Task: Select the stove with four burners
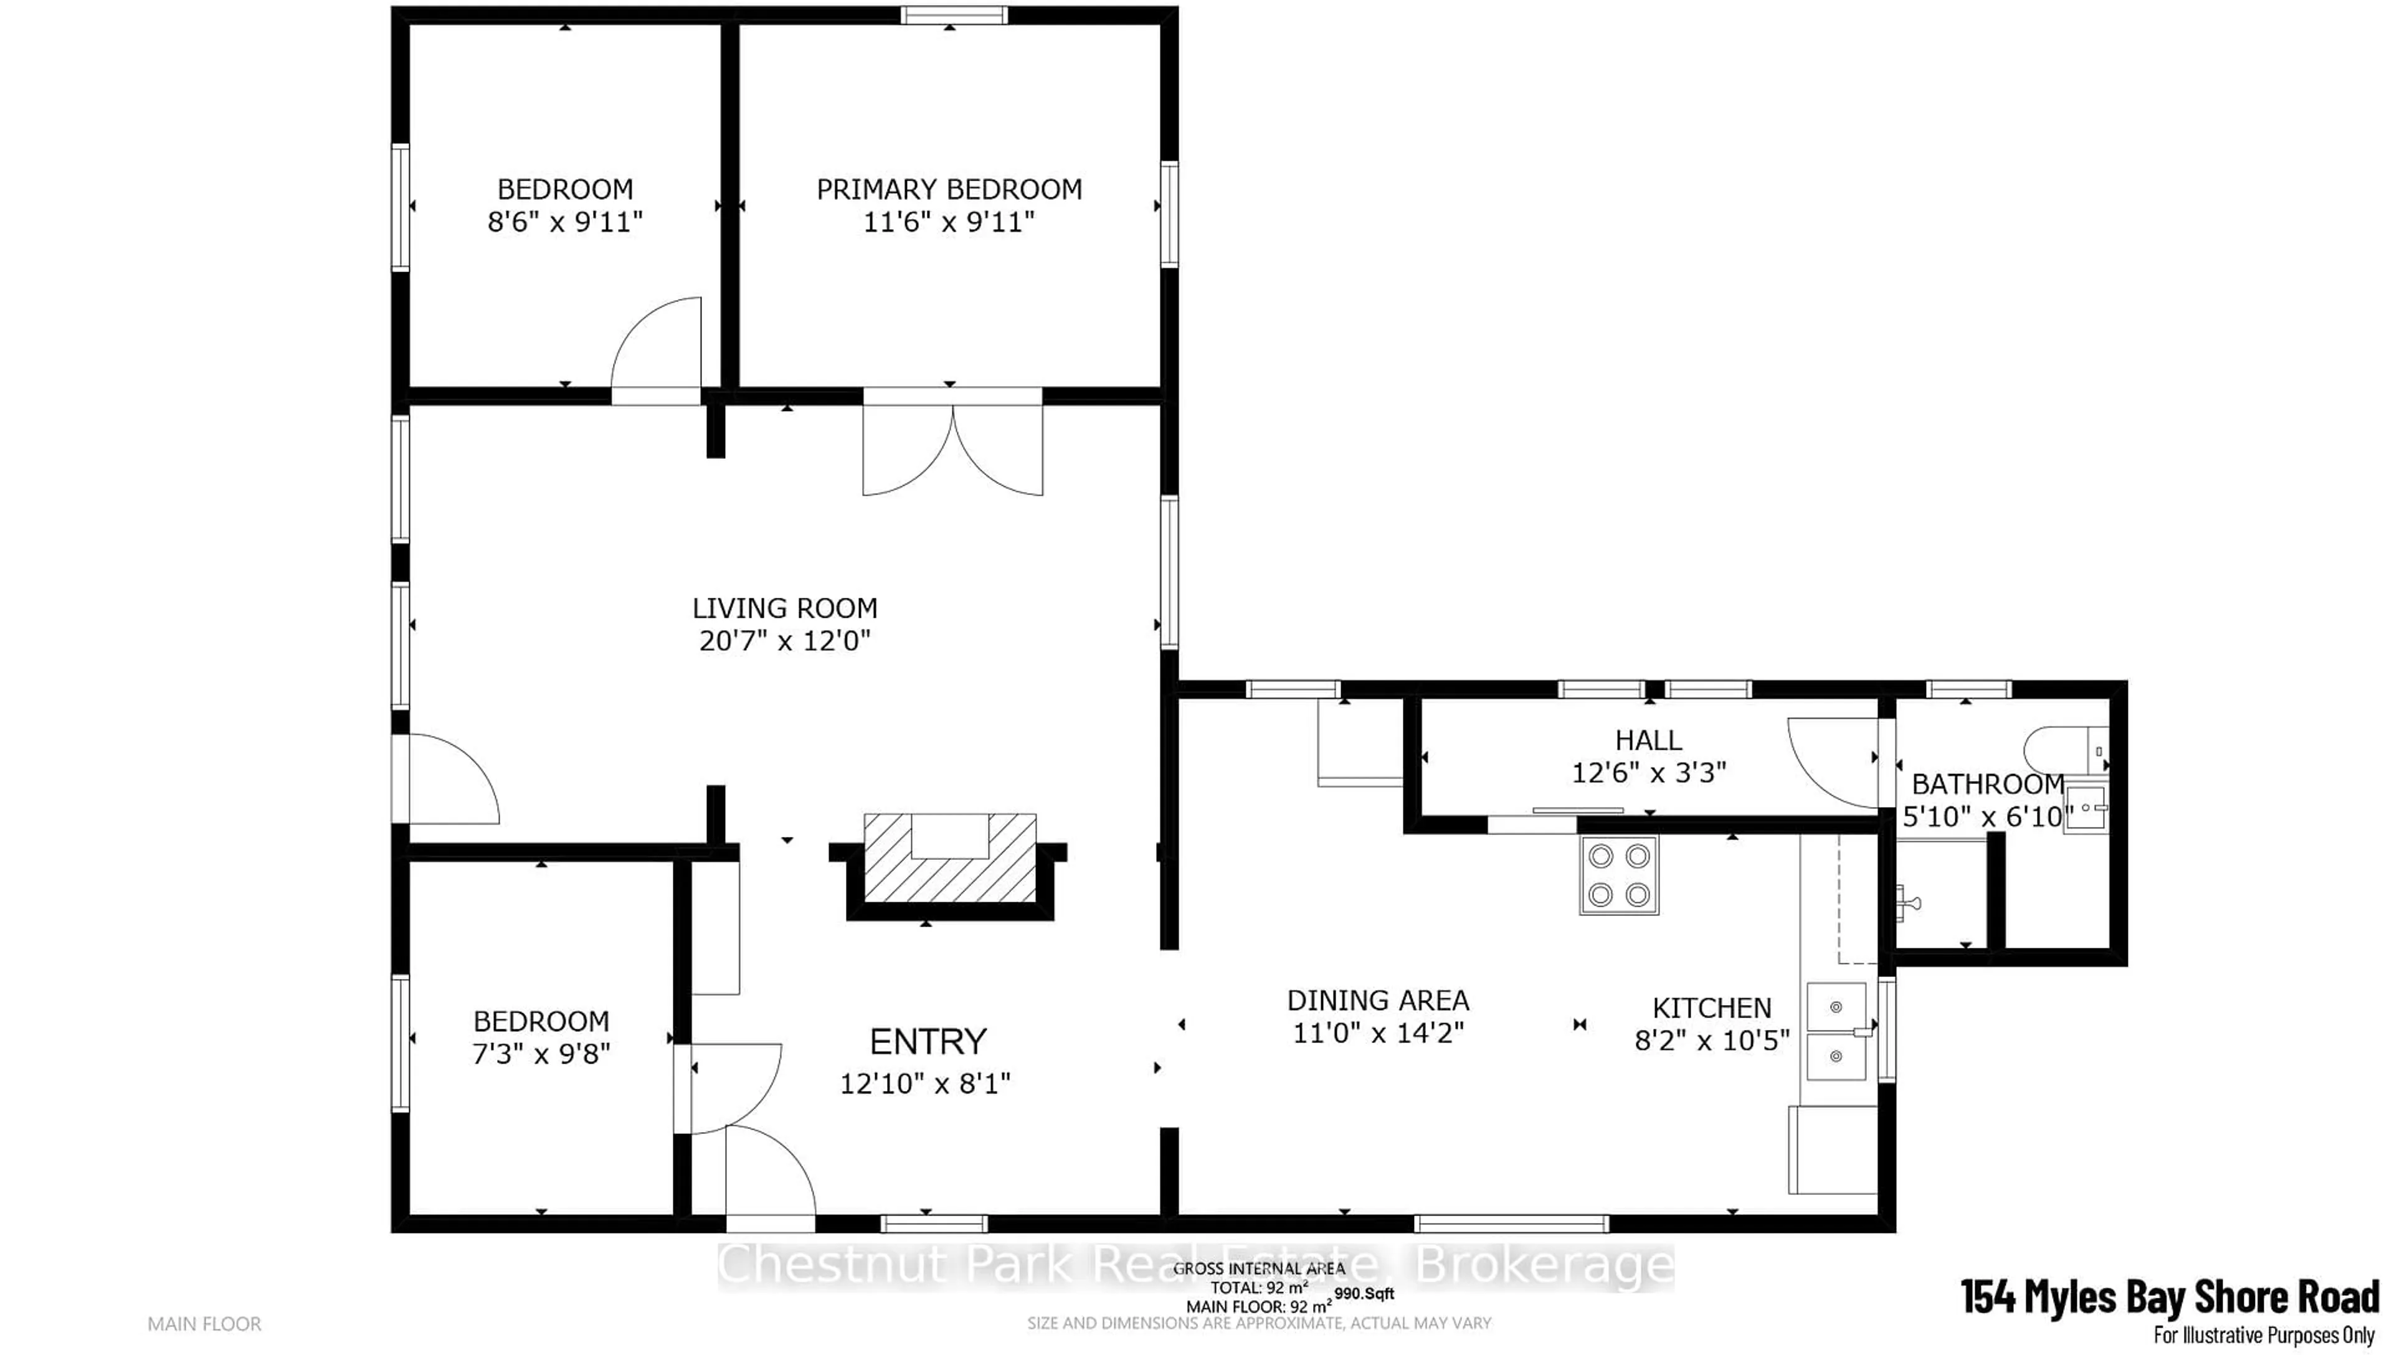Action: pyautogui.click(x=1618, y=876)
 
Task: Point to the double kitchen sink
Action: pyautogui.click(x=1836, y=1031)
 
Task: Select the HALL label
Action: pyautogui.click(x=1648, y=741)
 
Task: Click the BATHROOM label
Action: pyautogui.click(x=1987, y=785)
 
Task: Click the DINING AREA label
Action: pyautogui.click(x=1377, y=1001)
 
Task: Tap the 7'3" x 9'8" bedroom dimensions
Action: pyautogui.click(x=541, y=1054)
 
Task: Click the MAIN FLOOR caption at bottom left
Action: pyautogui.click(x=204, y=1323)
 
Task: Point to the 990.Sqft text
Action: pyautogui.click(x=1364, y=1293)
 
